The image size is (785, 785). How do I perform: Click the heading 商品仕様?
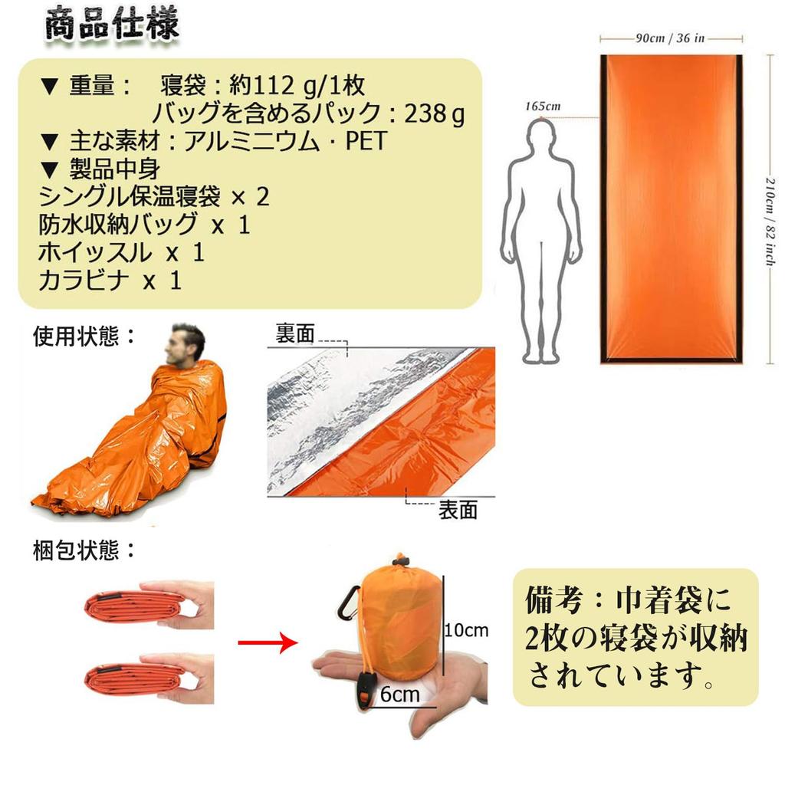tap(112, 25)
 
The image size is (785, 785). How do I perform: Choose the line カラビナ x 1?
tap(110, 280)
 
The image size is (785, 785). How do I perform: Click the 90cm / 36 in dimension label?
tap(670, 38)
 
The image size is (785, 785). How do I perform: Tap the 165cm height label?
tap(543, 107)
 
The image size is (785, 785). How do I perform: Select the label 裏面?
tap(295, 333)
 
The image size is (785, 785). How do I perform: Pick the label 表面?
tap(458, 510)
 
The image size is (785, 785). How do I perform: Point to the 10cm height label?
tap(466, 630)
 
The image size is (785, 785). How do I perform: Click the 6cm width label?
tap(400, 695)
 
